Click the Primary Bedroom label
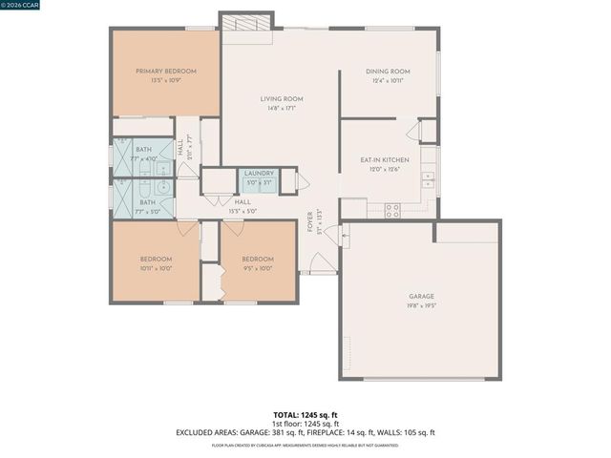[166, 72]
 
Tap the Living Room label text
[282, 99]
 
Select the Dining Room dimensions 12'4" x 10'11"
[389, 82]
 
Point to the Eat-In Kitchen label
[385, 159]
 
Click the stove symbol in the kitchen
[392, 210]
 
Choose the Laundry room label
[259, 173]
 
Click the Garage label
[420, 297]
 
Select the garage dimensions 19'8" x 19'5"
[420, 306]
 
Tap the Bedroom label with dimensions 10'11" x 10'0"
[156, 260]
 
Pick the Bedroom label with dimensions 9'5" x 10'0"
[258, 260]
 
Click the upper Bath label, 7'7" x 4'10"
[143, 150]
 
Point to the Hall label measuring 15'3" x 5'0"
[242, 202]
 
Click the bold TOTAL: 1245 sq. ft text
[305, 415]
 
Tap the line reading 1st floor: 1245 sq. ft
[305, 424]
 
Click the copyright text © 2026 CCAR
[21, 6]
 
